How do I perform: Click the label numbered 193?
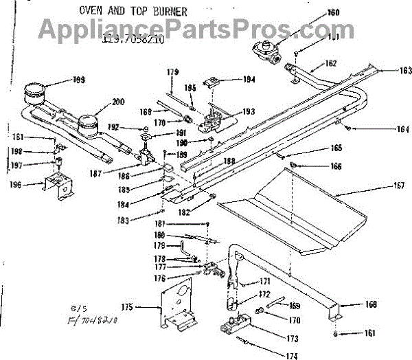(x=248, y=111)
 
